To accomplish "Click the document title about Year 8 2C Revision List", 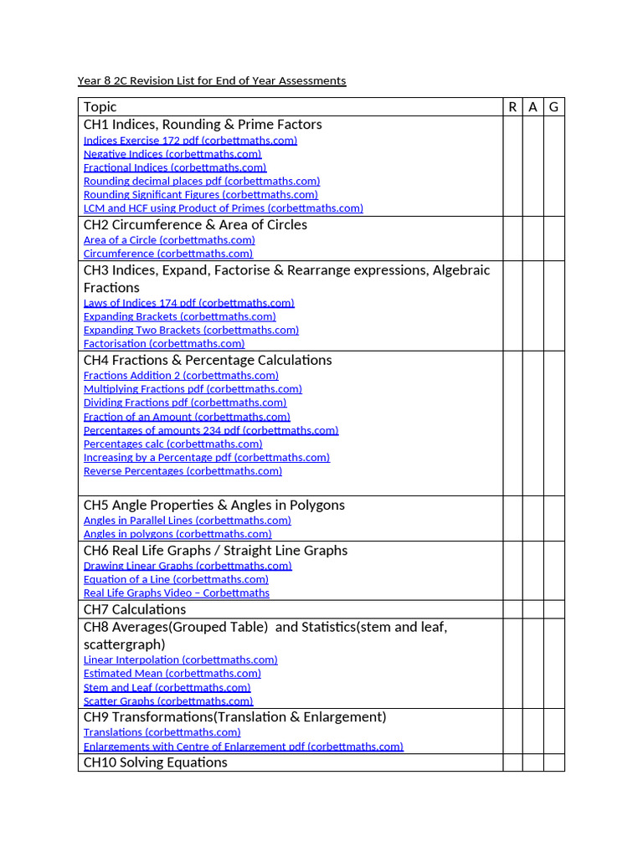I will click(211, 81).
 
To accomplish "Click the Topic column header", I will click(100, 106).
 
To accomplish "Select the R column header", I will click(512, 106).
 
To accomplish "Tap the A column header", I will click(532, 106).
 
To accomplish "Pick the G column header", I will click(553, 106).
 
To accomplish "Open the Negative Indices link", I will click(172, 154).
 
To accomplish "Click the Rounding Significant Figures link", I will click(200, 194).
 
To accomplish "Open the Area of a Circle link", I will click(169, 240).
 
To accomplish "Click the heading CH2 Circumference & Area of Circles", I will click(195, 224).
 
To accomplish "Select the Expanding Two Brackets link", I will click(191, 330).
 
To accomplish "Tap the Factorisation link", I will click(164, 343).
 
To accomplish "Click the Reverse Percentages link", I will click(183, 471).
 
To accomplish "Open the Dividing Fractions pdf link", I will click(185, 403).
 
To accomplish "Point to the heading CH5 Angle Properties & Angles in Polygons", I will click(213, 505).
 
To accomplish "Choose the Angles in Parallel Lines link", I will click(188, 521).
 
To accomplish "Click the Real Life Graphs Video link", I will click(177, 593).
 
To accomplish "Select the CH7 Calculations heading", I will click(135, 609).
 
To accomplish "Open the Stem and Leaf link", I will click(167, 687).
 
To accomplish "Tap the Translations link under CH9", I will click(162, 732).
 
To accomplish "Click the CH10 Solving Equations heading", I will click(155, 762).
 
